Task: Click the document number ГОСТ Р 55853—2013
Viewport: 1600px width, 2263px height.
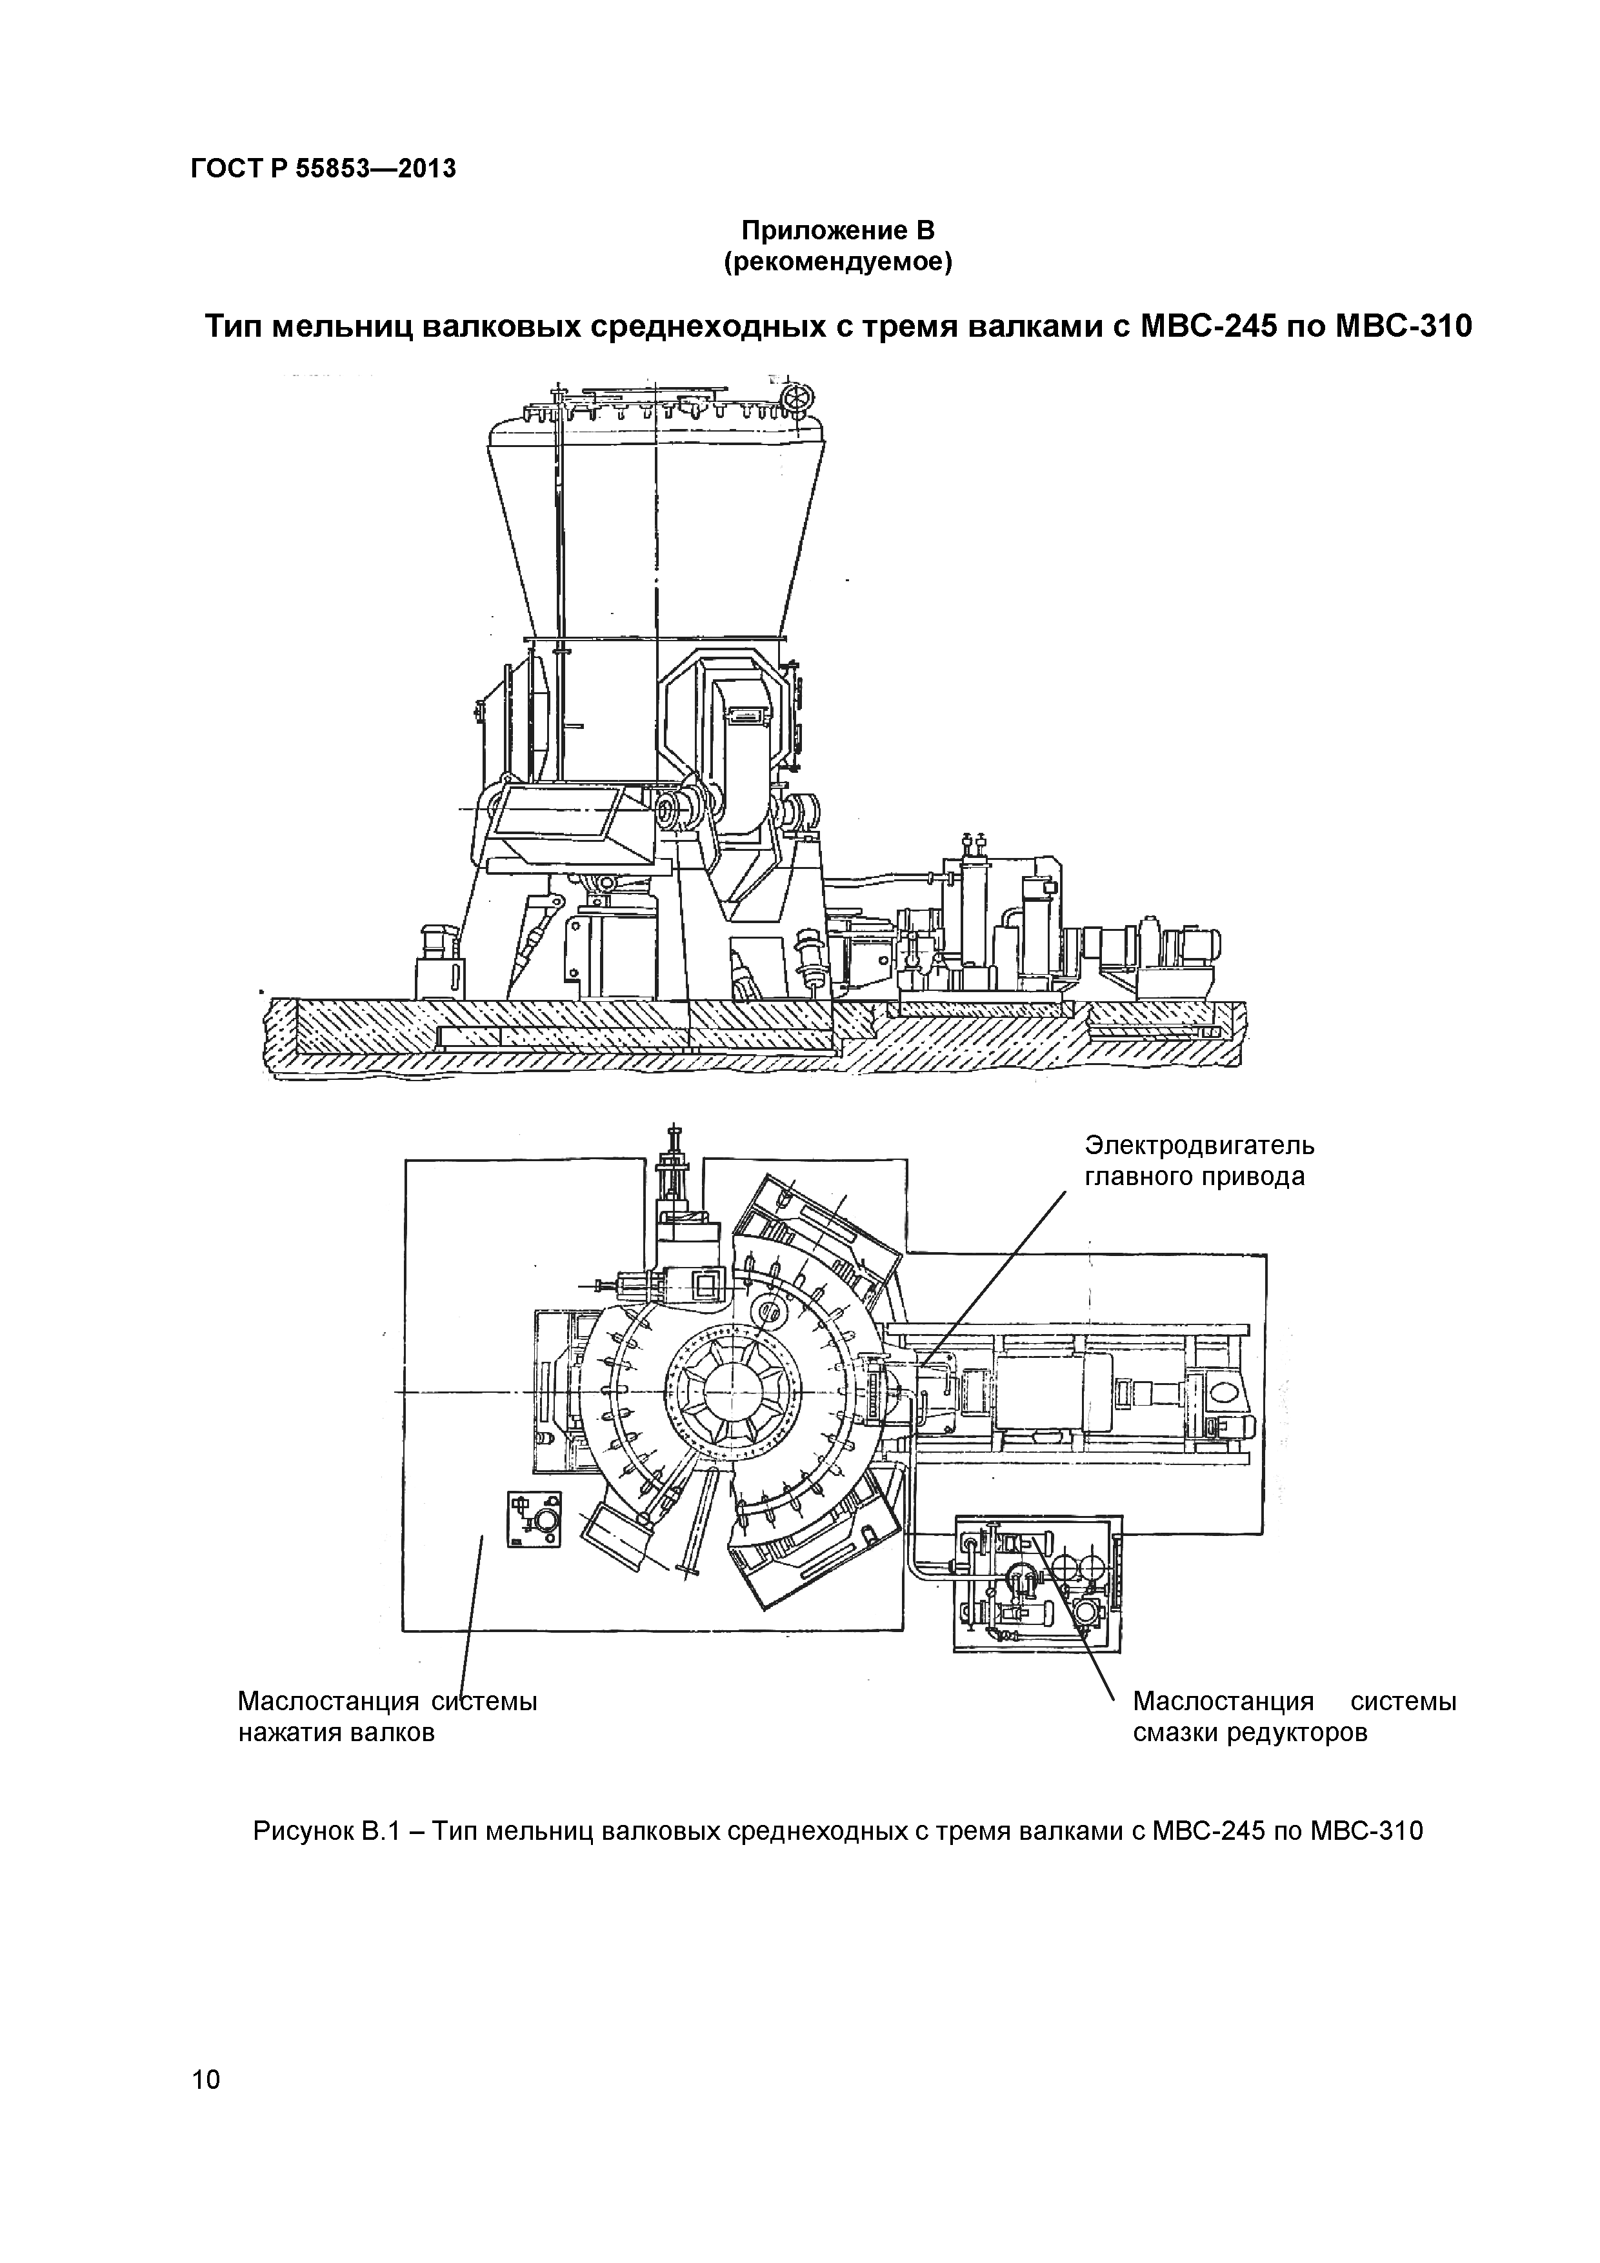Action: pos(323,170)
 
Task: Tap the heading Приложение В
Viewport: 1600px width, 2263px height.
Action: pos(837,231)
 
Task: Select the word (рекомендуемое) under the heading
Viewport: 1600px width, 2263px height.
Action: pos(837,263)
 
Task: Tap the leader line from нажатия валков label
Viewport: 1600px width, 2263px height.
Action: pos(471,1617)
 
